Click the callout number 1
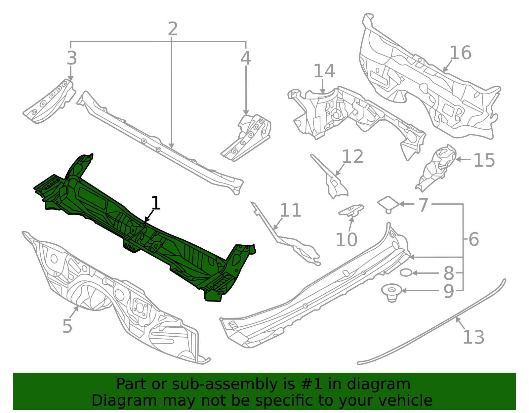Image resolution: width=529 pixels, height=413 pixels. [x=156, y=203]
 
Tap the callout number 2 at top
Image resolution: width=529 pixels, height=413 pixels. [x=173, y=29]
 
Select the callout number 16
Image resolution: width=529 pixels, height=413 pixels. [x=460, y=53]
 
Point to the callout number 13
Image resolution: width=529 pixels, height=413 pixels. [x=473, y=338]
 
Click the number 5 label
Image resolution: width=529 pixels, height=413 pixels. [x=67, y=326]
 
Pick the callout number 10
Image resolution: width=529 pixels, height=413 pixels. [x=346, y=240]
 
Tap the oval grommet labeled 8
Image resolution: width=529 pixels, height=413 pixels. [x=406, y=273]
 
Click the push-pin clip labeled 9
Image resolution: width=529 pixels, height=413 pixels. [x=392, y=292]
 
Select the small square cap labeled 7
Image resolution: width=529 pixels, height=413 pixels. [x=388, y=203]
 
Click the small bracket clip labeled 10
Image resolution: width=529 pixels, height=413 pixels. [x=351, y=210]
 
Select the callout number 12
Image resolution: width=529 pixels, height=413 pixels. [x=352, y=157]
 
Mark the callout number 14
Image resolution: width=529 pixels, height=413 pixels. [x=324, y=71]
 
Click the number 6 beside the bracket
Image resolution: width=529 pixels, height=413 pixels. [x=473, y=239]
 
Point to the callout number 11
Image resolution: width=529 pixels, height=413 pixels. [x=290, y=211]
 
